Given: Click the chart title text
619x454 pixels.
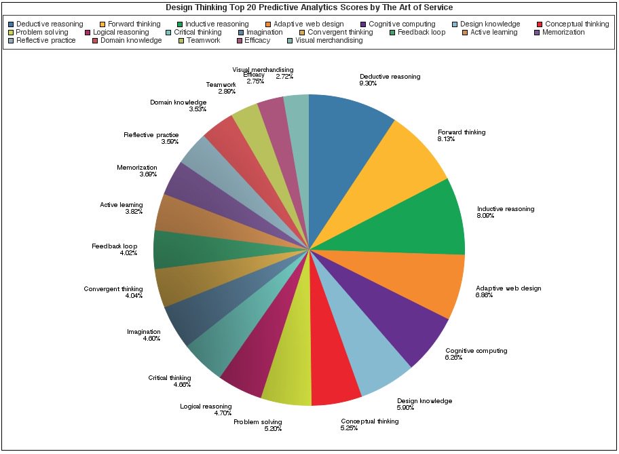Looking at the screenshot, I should point(309,7).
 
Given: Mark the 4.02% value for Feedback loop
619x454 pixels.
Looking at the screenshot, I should point(128,253).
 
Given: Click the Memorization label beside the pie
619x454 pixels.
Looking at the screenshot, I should point(136,167).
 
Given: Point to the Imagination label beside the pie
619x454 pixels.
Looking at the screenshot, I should point(144,332).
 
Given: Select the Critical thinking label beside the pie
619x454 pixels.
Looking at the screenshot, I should point(170,377).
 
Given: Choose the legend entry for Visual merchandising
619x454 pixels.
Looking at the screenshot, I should point(328,40).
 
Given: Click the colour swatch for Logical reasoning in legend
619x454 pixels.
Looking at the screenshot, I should point(88,32).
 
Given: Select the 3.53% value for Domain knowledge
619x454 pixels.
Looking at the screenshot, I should point(179,109).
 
